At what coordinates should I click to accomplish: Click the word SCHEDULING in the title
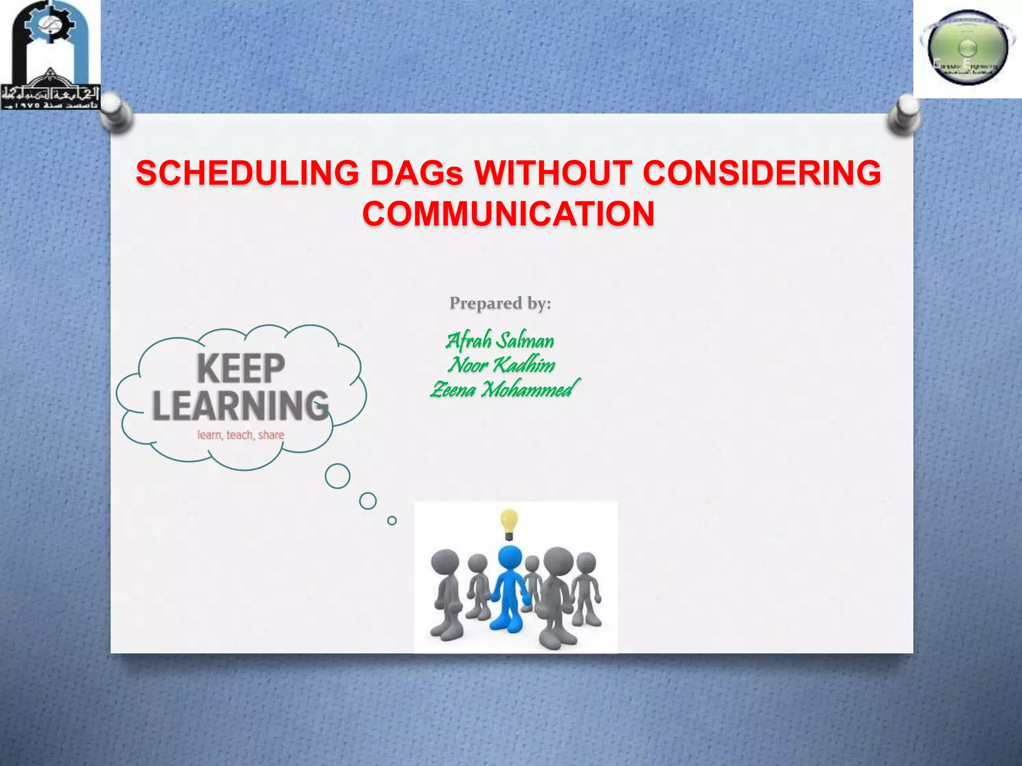point(247,173)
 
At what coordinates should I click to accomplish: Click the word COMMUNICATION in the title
point(508,214)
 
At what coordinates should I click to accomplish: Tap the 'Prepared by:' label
point(500,303)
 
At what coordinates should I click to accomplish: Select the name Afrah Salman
point(500,341)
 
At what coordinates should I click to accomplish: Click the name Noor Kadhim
point(502,365)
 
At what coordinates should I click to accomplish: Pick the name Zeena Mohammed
point(504,389)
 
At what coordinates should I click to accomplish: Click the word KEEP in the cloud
point(241,369)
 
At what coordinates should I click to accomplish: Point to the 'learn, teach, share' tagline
point(241,435)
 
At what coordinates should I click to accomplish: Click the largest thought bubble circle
point(337,476)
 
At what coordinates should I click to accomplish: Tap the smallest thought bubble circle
point(392,521)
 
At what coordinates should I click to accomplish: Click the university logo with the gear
point(50,55)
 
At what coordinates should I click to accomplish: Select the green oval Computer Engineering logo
point(967,49)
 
